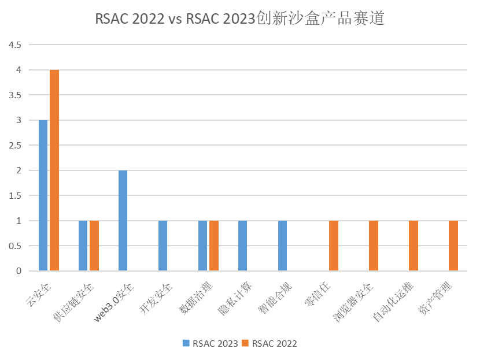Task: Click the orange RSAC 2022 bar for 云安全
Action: (54, 170)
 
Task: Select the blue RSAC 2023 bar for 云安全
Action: (43, 195)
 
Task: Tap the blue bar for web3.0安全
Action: (123, 221)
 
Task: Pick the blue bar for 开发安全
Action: (163, 246)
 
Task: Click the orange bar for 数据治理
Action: (214, 246)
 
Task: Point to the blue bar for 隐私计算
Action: (242, 246)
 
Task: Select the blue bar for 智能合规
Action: (282, 246)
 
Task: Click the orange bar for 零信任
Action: (334, 246)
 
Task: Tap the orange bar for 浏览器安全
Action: (374, 246)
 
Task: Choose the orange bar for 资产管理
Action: (453, 246)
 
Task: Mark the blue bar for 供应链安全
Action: (83, 246)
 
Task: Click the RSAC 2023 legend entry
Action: (210, 343)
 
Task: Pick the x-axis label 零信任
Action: (320, 295)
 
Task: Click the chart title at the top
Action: (240, 19)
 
